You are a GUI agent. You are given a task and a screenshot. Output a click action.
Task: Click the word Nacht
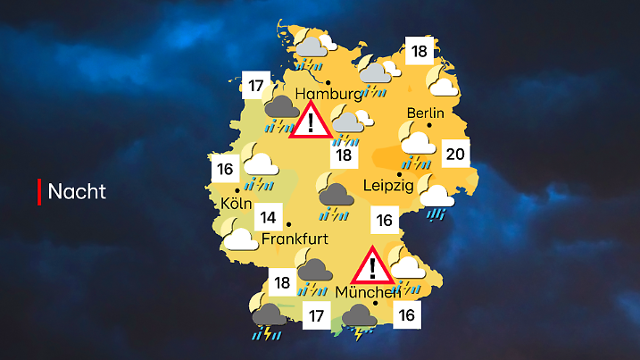pos(77,191)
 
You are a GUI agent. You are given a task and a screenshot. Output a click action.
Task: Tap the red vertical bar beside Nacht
pos(39,191)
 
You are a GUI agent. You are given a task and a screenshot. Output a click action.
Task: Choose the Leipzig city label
pos(388,186)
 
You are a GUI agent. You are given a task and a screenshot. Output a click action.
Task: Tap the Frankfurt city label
pos(295,239)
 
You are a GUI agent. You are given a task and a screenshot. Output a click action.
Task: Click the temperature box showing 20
pos(455,155)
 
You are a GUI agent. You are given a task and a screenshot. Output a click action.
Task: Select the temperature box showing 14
pos(268,218)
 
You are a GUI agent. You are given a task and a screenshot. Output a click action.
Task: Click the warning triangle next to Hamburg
pos(310,121)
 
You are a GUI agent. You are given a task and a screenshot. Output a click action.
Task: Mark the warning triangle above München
pos(371,265)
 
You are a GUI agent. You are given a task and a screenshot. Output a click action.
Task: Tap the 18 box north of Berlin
pos(418,52)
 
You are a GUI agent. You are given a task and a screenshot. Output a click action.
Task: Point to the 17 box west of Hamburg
pos(257,87)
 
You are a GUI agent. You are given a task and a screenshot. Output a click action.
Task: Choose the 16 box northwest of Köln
pos(224,169)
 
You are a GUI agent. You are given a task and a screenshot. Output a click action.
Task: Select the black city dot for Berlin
pos(429,128)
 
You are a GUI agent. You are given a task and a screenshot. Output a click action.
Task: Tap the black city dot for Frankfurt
pos(289,225)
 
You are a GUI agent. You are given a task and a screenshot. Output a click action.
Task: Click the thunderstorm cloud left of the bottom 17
pos(269,320)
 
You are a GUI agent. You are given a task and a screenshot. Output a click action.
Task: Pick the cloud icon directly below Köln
pos(238,238)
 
